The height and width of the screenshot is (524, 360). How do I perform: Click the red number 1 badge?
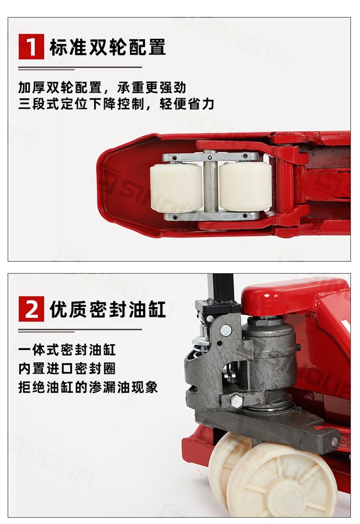coord(31,47)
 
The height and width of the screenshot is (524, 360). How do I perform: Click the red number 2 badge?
coord(31,309)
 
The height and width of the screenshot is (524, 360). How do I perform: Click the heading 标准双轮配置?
coord(108,47)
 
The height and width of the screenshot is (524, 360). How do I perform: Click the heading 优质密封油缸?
coord(108,309)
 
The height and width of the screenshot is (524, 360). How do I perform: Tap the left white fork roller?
coord(176,188)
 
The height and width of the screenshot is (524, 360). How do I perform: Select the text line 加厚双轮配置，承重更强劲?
coord(102,88)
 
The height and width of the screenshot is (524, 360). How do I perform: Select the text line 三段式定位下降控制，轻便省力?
coord(116,104)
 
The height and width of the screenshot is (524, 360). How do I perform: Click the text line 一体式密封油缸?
coord(67,350)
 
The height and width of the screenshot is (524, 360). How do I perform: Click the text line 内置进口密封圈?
coord(67,368)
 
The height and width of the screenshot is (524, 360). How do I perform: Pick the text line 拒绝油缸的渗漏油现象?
coord(88,387)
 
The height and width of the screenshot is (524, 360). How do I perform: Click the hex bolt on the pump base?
coord(237,400)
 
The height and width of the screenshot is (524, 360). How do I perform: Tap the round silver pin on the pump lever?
coord(226,330)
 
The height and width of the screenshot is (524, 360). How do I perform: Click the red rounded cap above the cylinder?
coord(294,296)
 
